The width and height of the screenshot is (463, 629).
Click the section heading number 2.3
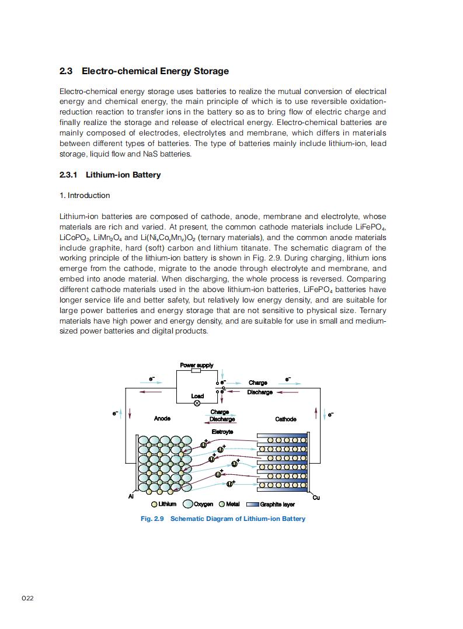point(65,71)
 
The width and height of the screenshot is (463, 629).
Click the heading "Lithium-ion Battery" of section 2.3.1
point(123,175)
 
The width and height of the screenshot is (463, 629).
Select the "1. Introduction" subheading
point(85,195)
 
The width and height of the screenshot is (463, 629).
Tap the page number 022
point(27,599)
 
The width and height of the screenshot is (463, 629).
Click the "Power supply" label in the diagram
point(196,365)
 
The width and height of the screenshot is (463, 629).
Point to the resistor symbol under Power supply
point(196,370)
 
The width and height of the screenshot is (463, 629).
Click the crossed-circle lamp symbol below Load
point(197,402)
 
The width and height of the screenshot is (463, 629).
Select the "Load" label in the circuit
point(197,396)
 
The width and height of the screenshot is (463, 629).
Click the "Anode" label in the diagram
point(162,419)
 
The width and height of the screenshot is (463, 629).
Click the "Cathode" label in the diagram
point(286,419)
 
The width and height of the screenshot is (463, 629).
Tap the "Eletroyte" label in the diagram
point(222,432)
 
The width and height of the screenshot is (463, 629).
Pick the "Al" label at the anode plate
point(131,496)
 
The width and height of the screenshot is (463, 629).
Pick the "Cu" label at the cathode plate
point(316,498)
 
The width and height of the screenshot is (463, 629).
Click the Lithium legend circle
point(154,505)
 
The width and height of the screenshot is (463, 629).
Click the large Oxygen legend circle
point(189,505)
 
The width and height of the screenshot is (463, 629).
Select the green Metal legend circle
point(222,505)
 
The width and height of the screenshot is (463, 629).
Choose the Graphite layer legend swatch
point(252,505)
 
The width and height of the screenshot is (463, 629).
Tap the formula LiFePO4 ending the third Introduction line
point(370,227)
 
